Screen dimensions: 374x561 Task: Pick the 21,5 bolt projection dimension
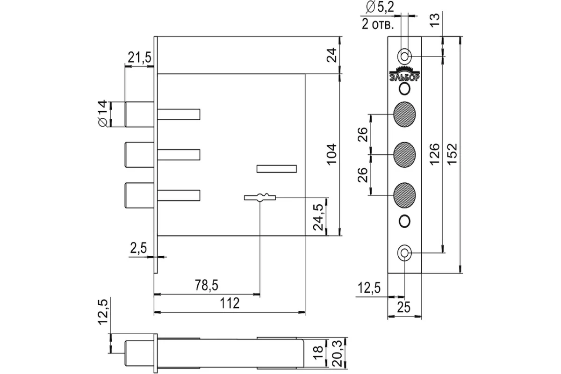click(139, 58)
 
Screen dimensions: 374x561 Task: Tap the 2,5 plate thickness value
click(138, 248)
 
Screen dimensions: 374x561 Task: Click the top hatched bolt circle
click(405, 114)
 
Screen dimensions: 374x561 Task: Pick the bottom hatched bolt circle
click(405, 194)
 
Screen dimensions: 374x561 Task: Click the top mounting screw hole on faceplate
click(404, 56)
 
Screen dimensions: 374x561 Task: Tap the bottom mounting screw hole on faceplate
click(404, 253)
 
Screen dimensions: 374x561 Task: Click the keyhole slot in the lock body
click(260, 197)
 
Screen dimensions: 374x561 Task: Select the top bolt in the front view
click(139, 114)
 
